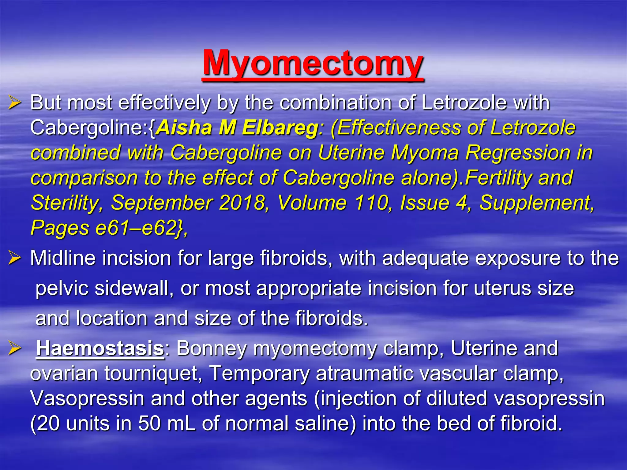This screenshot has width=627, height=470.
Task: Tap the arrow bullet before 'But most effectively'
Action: [x=14, y=103]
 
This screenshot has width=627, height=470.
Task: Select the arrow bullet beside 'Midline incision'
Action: [x=14, y=258]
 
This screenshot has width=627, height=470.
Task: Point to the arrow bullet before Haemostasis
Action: [x=14, y=349]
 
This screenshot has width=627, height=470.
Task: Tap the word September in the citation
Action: [x=161, y=203]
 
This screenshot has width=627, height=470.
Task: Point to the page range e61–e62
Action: [x=136, y=228]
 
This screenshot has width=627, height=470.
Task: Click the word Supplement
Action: [x=536, y=203]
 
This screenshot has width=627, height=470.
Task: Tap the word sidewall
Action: [x=131, y=288]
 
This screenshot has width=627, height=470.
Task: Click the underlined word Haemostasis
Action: [x=100, y=349]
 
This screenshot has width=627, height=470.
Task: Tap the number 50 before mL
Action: [x=149, y=424]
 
